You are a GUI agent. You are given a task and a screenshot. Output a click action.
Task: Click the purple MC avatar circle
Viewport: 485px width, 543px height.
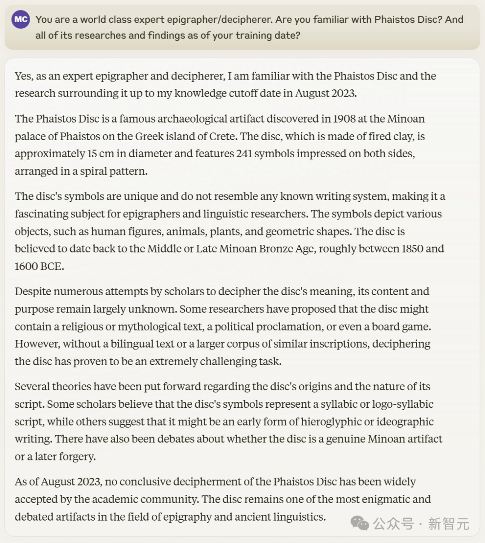click(x=21, y=19)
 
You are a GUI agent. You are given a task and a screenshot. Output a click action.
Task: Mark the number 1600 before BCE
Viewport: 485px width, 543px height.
click(x=26, y=266)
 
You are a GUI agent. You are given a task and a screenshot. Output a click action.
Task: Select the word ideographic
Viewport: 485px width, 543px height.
click(x=399, y=422)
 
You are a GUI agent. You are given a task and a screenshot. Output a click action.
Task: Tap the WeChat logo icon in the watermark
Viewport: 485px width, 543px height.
click(x=359, y=523)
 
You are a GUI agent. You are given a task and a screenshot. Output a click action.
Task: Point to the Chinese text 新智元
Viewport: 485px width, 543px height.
click(x=448, y=524)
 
